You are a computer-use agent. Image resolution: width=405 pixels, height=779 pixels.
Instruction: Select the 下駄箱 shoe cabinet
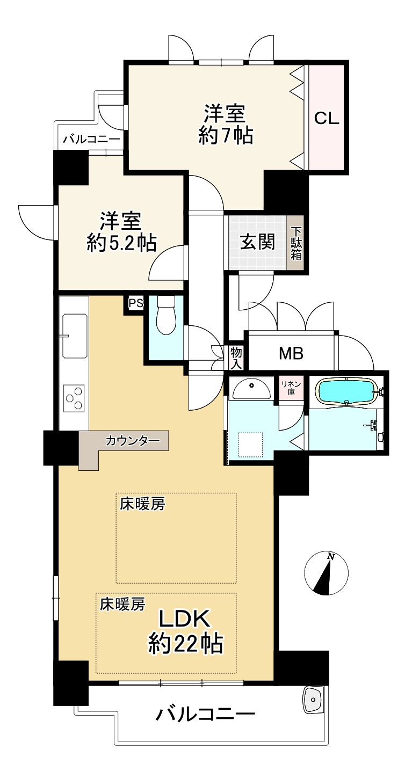[x=296, y=242]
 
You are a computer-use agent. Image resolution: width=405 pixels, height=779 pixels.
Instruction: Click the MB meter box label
[x=291, y=353]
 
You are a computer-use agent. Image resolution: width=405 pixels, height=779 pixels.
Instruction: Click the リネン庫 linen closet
[x=291, y=387]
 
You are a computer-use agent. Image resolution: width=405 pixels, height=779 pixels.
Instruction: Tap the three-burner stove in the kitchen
[x=74, y=398]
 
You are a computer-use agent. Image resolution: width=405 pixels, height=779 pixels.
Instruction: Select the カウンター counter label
[x=133, y=441]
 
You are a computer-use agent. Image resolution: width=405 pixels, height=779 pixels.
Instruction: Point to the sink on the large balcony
[x=313, y=698]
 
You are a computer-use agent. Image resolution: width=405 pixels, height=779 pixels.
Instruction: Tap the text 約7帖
[x=225, y=136]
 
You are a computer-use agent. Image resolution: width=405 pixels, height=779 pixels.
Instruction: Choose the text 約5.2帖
[x=121, y=244]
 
